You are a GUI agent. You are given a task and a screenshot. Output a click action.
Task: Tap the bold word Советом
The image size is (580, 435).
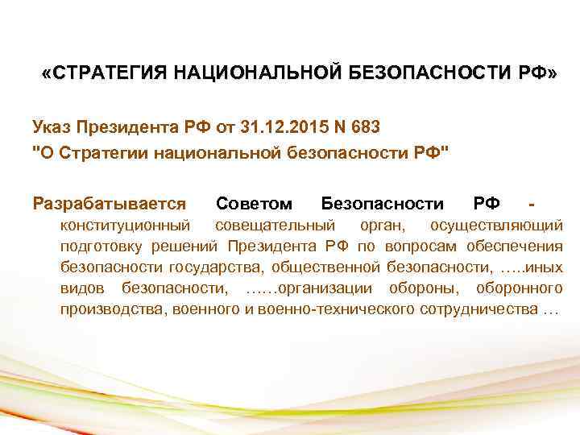click(x=254, y=201)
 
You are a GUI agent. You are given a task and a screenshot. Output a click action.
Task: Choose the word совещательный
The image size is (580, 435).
click(x=277, y=223)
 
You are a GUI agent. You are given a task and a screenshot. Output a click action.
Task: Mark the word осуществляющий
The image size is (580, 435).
click(x=496, y=223)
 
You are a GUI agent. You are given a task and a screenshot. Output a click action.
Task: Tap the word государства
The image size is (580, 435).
click(x=217, y=267)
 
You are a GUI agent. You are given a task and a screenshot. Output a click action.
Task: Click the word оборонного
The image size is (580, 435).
click(x=518, y=288)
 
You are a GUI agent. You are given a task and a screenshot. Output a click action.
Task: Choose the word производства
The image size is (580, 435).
click(x=112, y=310)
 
